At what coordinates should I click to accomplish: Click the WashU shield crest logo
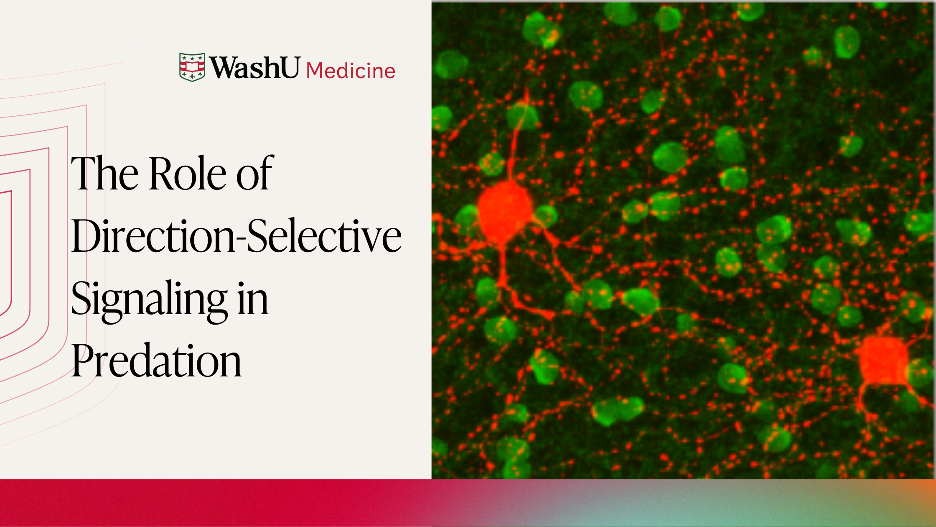pyautogui.click(x=192, y=67)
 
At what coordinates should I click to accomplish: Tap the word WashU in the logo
pyautogui.click(x=254, y=67)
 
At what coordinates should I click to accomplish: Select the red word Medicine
pyautogui.click(x=351, y=71)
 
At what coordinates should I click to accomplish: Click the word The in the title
pyautogui.click(x=105, y=173)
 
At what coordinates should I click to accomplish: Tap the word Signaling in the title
pyautogui.click(x=150, y=300)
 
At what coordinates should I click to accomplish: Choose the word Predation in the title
pyautogui.click(x=156, y=360)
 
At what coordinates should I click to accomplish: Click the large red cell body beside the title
pyautogui.click(x=505, y=212)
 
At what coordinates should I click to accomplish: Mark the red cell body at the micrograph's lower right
pyautogui.click(x=884, y=361)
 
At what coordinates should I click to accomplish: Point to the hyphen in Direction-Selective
pyautogui.click(x=241, y=240)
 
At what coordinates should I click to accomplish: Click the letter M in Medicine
pyautogui.click(x=315, y=71)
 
